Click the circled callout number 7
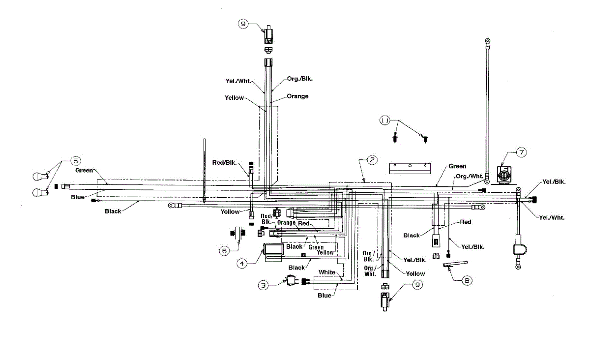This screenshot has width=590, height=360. [x=521, y=152]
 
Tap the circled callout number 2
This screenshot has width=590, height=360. [x=372, y=160]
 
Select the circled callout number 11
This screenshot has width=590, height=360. [x=385, y=120]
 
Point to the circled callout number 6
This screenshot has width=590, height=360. [x=224, y=250]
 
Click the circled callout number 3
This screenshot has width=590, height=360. [x=264, y=284]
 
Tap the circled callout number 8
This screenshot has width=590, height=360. [x=467, y=281]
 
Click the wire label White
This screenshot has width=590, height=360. [x=327, y=272]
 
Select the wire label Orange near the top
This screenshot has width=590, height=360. [x=297, y=96]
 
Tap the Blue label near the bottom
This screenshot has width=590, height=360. [x=324, y=296]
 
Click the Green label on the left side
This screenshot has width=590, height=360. [x=84, y=171]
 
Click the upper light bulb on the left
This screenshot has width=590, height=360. [x=39, y=175]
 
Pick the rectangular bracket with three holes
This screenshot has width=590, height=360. [x=410, y=168]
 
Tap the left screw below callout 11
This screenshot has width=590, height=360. [x=395, y=139]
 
